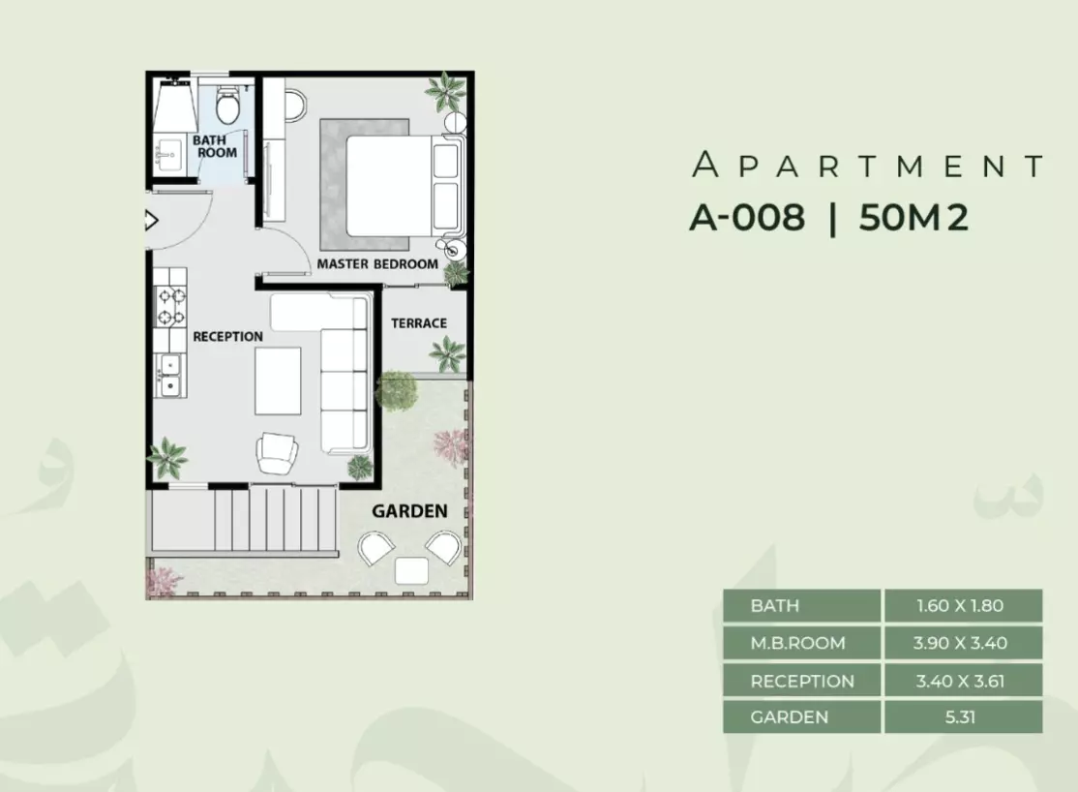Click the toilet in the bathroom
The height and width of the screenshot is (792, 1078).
tap(226, 104)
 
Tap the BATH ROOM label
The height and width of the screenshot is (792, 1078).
tap(214, 146)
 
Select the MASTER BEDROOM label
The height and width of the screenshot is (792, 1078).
tap(377, 263)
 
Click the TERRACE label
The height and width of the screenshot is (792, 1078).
tap(419, 322)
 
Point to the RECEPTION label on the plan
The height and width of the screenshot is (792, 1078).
tap(227, 337)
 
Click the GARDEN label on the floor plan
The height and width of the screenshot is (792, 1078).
tap(409, 510)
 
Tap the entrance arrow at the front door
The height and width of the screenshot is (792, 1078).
tap(152, 220)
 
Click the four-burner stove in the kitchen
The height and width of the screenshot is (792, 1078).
tap(171, 306)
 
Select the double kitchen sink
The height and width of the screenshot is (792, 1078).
tap(169, 376)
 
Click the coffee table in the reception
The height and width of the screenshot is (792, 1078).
tap(278, 381)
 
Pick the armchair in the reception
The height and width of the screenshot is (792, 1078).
tap(277, 453)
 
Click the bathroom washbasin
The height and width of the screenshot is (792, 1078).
tap(167, 156)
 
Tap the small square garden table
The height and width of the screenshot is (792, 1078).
tap(411, 571)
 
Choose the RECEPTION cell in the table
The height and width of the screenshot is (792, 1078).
tap(801, 681)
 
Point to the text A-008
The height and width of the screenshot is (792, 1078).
tap(747, 218)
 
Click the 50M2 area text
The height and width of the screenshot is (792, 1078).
tap(913, 218)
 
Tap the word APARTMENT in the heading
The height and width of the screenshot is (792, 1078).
tap(868, 166)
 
